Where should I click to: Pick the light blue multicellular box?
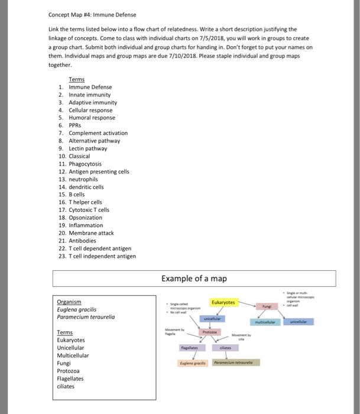268,322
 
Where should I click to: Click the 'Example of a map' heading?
194,279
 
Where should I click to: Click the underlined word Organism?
69,301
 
